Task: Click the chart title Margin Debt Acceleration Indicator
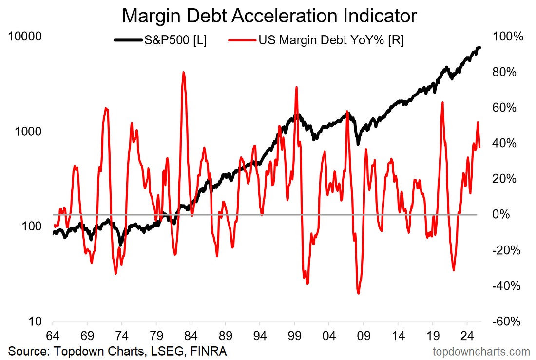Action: tap(269, 16)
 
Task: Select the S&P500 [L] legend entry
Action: tap(160, 40)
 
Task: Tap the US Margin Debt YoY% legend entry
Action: tap(316, 40)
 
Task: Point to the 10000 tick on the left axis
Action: tap(25, 36)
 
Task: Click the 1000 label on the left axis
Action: tap(28, 131)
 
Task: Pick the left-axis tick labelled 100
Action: tap(32, 227)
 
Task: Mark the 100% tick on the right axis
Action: tap(508, 36)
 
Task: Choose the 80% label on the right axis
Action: tap(504, 72)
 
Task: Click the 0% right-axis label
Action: tap(501, 214)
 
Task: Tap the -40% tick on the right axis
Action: tap(506, 285)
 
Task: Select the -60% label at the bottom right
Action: tap(506, 322)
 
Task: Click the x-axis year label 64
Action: tap(53, 336)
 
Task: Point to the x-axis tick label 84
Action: tap(191, 336)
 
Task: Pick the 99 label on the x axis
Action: tap(294, 336)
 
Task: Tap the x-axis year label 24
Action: tap(467, 336)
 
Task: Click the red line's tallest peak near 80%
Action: tap(184, 72)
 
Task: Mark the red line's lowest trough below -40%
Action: tap(358, 293)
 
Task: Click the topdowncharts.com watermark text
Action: tap(481, 351)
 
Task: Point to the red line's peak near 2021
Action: tap(442, 102)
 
